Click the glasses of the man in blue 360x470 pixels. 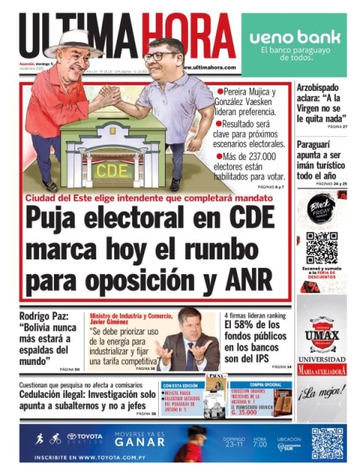pyautogui.click(x=160, y=56)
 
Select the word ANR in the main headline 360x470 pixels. pyautogui.click(x=246, y=277)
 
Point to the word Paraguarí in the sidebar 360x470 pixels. pyautogui.click(x=321, y=144)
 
